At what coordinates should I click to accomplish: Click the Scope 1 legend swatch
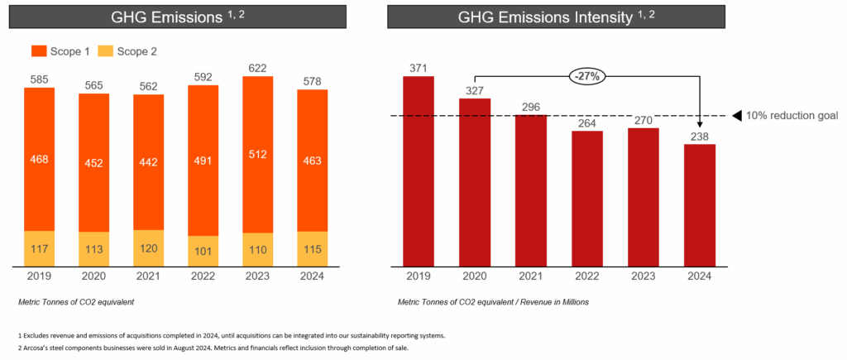point(39,51)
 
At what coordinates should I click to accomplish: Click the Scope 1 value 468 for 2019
point(39,158)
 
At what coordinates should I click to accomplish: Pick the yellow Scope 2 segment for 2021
point(149,248)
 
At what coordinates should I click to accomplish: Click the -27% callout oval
point(588,76)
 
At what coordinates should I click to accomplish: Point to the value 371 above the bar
point(419,67)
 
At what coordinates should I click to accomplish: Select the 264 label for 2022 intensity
point(587,122)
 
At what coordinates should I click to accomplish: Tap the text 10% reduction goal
point(792,116)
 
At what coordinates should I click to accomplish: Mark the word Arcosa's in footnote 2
point(37,348)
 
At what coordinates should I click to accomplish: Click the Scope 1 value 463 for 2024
point(313,160)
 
